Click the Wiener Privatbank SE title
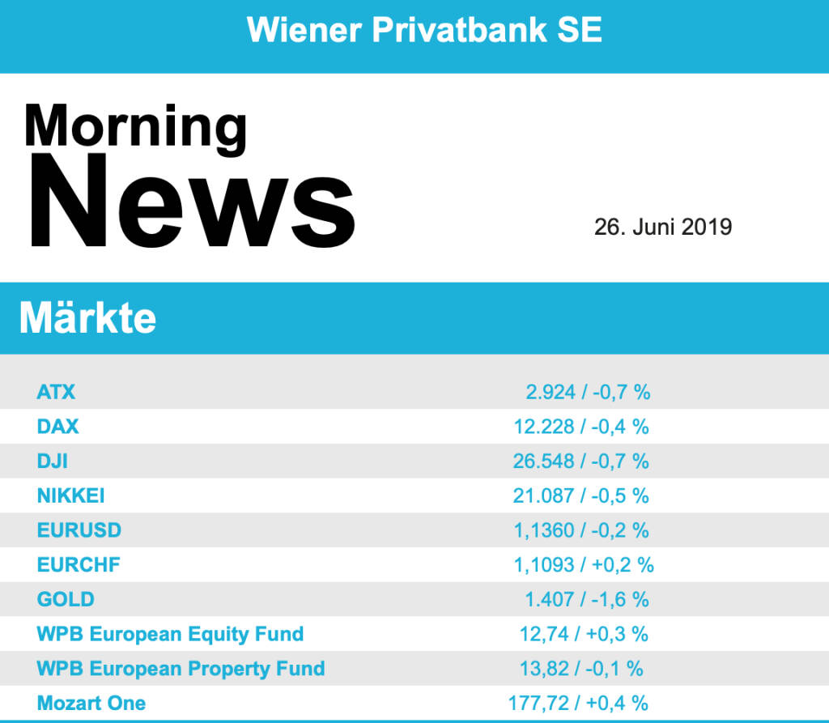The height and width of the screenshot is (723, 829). tap(424, 30)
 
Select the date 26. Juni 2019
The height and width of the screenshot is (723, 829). tap(662, 227)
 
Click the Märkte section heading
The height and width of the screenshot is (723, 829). tap(87, 318)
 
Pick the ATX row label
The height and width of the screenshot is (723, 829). tap(56, 392)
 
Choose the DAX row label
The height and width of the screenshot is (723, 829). tap(58, 426)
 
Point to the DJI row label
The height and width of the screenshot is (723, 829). tap(52, 461)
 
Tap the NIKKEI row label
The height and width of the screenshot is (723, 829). tap(70, 495)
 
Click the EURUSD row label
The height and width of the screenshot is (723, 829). tap(79, 530)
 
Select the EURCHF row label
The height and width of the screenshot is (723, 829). tap(79, 564)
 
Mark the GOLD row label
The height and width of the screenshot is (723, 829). tap(66, 599)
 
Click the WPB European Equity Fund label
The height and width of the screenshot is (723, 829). tap(170, 634)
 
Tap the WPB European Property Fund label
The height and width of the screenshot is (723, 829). tap(181, 669)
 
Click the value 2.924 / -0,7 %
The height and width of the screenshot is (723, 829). tap(588, 393)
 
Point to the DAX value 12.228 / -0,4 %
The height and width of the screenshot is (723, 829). tap(581, 427)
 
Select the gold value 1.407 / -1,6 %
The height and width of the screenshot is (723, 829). tap(587, 600)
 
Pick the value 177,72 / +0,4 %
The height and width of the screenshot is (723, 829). tap(578, 703)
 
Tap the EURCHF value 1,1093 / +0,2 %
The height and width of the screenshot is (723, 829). tap(583, 565)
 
